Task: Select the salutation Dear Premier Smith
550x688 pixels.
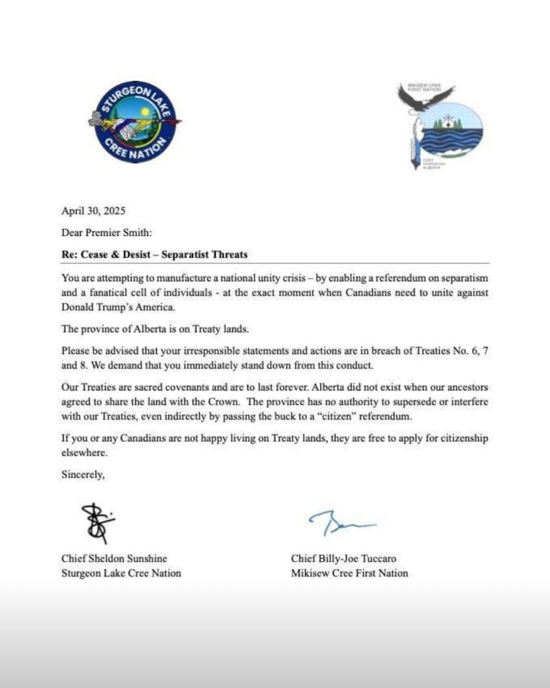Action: click(102, 233)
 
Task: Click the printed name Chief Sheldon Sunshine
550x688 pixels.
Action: click(114, 559)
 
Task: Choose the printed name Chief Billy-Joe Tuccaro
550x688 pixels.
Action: click(344, 559)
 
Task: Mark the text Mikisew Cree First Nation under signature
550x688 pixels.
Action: click(349, 573)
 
